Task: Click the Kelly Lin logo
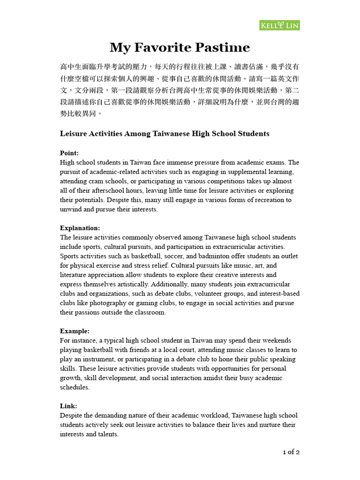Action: click(279, 25)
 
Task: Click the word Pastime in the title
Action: click(224, 47)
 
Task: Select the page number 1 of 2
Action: click(291, 452)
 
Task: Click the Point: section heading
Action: click(69, 153)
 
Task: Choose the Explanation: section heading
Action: click(80, 228)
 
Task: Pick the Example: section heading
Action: click(75, 331)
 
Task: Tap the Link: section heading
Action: click(68, 406)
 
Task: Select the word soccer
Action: click(173, 256)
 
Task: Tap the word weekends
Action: click(275, 340)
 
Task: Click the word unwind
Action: click(70, 209)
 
